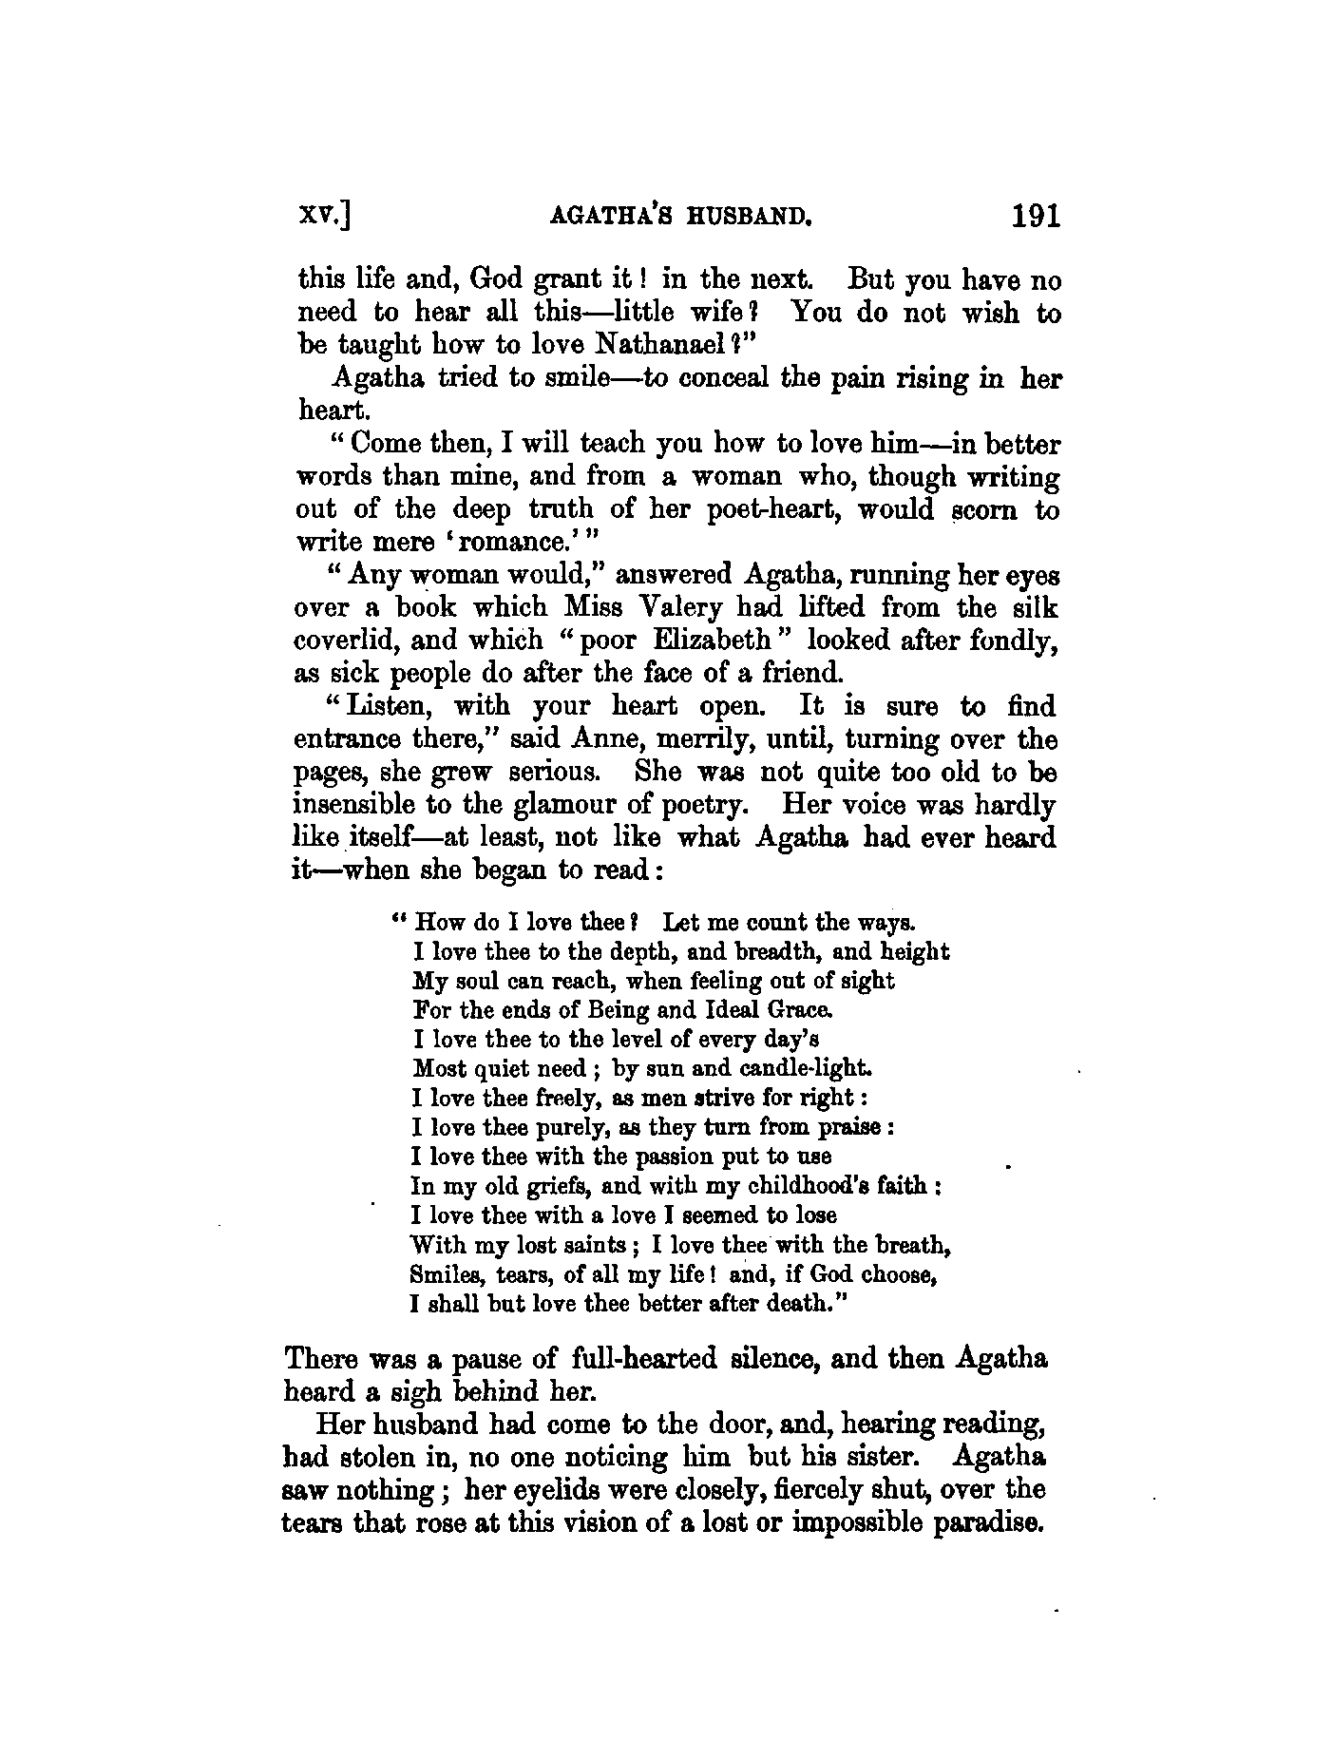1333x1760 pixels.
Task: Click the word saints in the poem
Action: pyautogui.click(x=585, y=1245)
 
